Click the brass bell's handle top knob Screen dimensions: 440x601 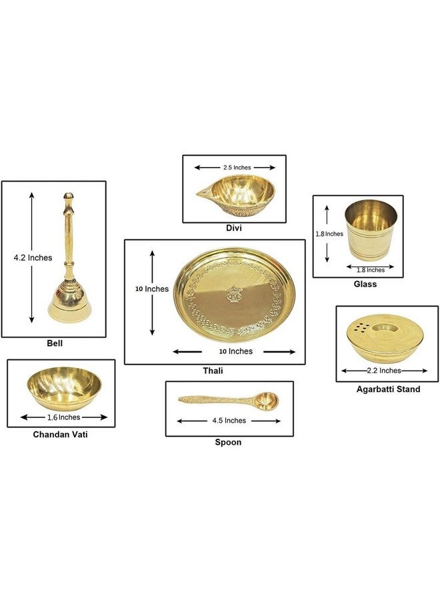(68, 196)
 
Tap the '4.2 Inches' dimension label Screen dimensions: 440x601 (33, 258)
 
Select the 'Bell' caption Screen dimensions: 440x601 (55, 343)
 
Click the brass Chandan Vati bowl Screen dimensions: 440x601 (64, 388)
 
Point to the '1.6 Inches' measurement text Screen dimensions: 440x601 (63, 417)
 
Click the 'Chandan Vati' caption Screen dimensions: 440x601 (61, 434)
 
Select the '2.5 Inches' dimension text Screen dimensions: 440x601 (237, 168)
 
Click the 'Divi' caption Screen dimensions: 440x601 (234, 228)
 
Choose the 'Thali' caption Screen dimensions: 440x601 (213, 371)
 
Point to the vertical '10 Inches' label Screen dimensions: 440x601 (152, 289)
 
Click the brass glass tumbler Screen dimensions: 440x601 (371, 230)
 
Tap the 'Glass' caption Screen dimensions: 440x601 (365, 284)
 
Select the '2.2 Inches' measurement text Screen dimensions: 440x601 (384, 371)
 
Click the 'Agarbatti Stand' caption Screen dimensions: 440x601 (389, 389)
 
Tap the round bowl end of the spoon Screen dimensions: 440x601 (267, 399)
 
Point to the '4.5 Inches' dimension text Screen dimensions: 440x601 (229, 421)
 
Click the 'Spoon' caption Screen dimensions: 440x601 (228, 442)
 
